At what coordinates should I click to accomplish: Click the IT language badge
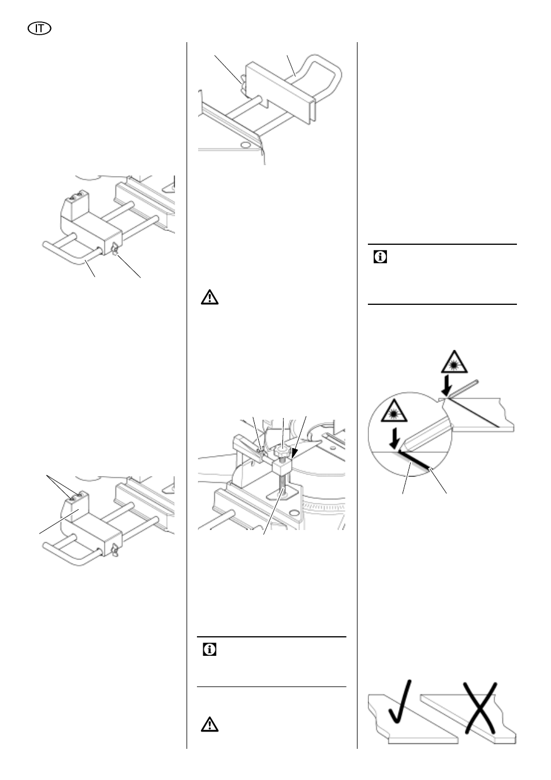point(39,27)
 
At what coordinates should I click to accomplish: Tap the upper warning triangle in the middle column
point(210,298)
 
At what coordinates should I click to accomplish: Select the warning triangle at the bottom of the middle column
point(210,724)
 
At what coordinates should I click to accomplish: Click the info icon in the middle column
point(210,650)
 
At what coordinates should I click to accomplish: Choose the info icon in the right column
point(381,257)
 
